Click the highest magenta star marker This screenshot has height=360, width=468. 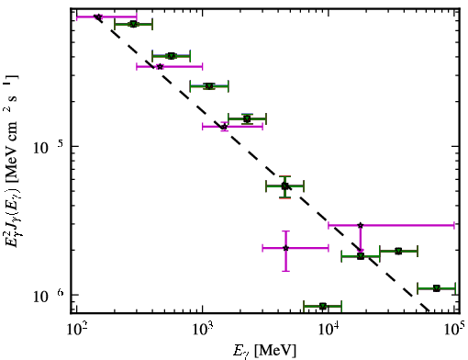(x=98, y=17)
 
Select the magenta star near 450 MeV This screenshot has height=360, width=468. (x=160, y=66)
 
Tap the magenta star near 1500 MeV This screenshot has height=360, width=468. (x=225, y=127)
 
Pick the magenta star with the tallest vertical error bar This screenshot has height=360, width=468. (x=285, y=248)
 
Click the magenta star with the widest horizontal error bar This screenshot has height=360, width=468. (x=361, y=225)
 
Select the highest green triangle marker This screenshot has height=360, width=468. (x=133, y=24)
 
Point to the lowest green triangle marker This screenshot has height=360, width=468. (x=323, y=306)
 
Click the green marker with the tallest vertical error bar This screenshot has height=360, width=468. (x=284, y=186)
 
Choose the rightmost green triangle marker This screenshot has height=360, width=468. (x=437, y=288)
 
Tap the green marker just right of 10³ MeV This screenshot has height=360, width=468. (x=209, y=86)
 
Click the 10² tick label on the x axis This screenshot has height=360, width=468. (x=76, y=330)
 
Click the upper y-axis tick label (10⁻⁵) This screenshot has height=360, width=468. (x=48, y=147)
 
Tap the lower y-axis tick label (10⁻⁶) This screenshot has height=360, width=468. (x=48, y=296)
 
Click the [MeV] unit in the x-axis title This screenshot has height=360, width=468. (x=275, y=351)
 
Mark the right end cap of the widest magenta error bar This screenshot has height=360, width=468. (x=454, y=225)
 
